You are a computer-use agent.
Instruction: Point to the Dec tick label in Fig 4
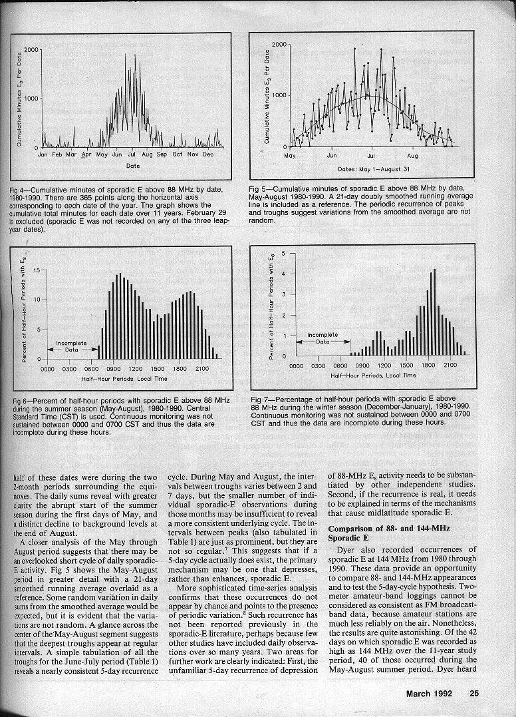pos(207,154)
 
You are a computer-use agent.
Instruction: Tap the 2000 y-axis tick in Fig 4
pos(31,50)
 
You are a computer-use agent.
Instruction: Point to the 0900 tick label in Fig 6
pos(114,368)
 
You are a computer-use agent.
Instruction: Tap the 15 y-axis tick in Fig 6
pos(35,270)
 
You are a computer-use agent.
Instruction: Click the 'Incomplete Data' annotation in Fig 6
pos(71,346)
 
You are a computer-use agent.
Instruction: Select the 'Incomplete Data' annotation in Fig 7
pos(322,338)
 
